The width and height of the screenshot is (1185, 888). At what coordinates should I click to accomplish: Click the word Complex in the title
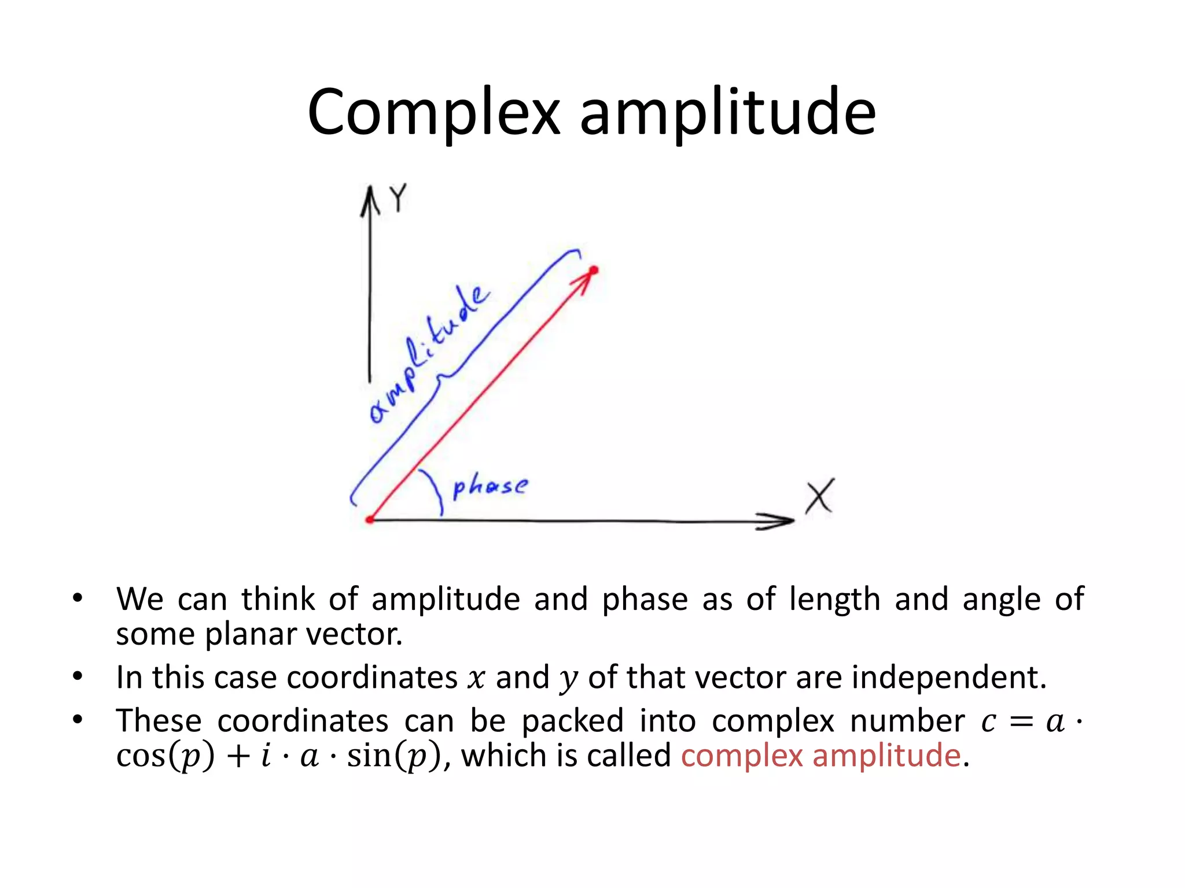[434, 113]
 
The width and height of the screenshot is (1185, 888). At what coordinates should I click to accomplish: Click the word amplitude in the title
[727, 113]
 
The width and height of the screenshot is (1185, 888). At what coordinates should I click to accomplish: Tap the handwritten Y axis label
[398, 198]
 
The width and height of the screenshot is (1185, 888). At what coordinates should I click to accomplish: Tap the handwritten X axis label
[820, 496]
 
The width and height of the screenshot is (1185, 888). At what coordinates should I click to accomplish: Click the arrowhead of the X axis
[778, 521]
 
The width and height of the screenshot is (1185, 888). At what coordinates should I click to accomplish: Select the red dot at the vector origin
[370, 520]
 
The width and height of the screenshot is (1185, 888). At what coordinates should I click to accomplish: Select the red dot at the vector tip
[594, 270]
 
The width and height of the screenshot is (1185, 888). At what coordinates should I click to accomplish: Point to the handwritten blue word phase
[490, 486]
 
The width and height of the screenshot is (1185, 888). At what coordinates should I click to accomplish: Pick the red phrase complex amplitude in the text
[820, 756]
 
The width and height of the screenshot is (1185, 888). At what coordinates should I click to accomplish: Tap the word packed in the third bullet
[572, 721]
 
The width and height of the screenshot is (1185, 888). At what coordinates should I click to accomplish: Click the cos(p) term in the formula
[165, 756]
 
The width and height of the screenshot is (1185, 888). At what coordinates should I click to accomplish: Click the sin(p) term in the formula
[394, 756]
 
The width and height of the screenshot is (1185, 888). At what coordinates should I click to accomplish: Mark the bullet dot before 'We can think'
[78, 598]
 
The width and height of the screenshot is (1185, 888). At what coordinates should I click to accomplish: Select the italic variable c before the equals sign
[989, 721]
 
